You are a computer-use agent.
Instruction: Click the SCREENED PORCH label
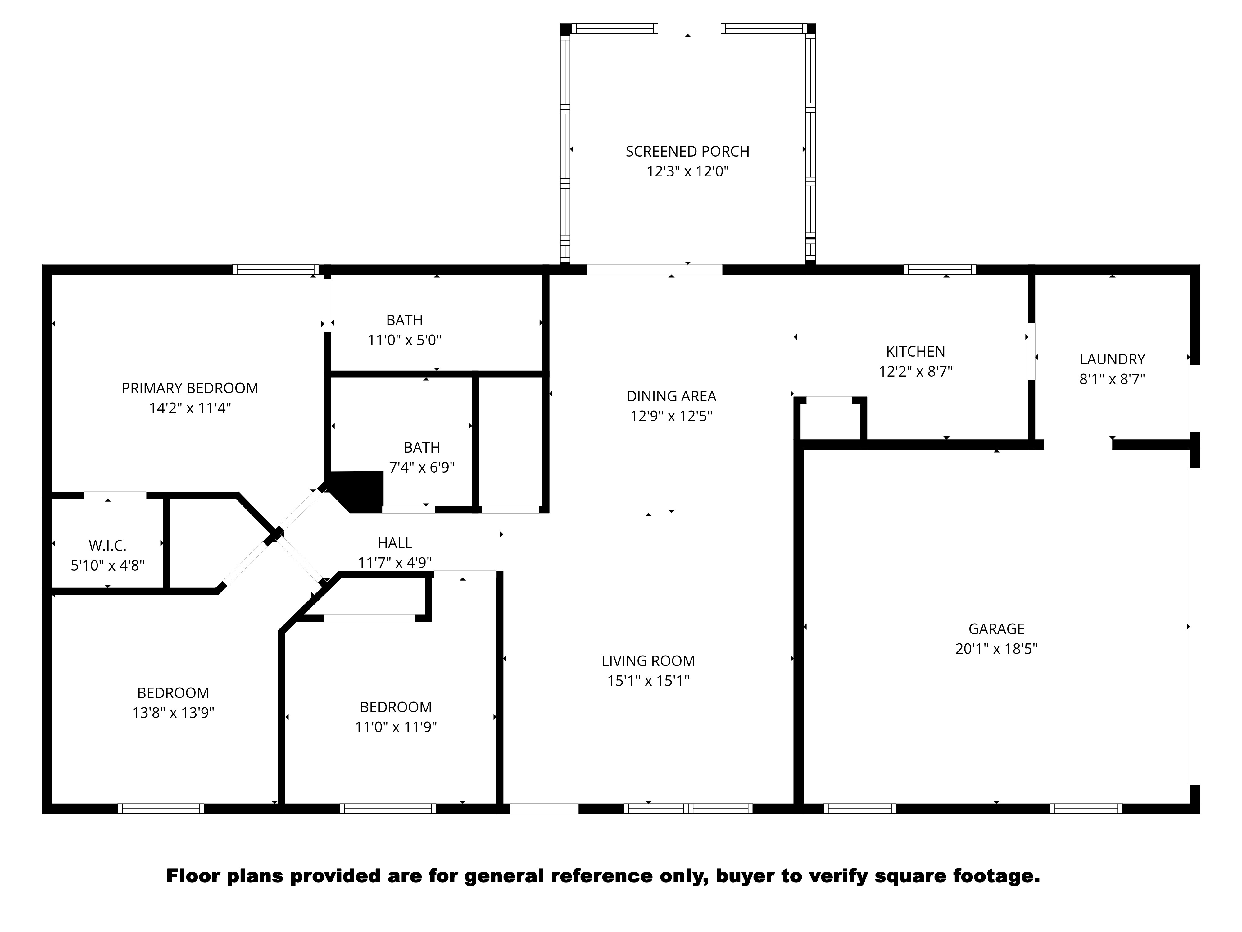click(x=687, y=152)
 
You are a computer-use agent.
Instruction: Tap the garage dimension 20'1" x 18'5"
click(x=996, y=649)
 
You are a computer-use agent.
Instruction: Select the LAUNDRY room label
click(x=1112, y=359)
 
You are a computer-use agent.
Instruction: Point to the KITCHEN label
click(x=915, y=352)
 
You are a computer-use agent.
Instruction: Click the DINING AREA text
click(x=671, y=397)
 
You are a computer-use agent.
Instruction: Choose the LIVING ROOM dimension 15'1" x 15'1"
click(x=648, y=681)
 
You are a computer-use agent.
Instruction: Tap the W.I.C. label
click(x=107, y=546)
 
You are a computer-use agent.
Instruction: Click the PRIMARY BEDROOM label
click(x=190, y=388)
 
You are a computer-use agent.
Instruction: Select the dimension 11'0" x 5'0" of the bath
click(x=404, y=340)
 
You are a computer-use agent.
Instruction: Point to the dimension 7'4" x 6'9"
click(x=422, y=468)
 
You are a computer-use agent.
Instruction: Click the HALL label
click(x=395, y=543)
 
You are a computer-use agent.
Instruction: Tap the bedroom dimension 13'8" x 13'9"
click(x=173, y=713)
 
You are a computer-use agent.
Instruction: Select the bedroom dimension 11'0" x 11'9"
click(x=395, y=727)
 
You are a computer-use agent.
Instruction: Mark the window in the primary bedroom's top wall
click(x=275, y=270)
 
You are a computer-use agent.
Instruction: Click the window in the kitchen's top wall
click(x=939, y=270)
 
